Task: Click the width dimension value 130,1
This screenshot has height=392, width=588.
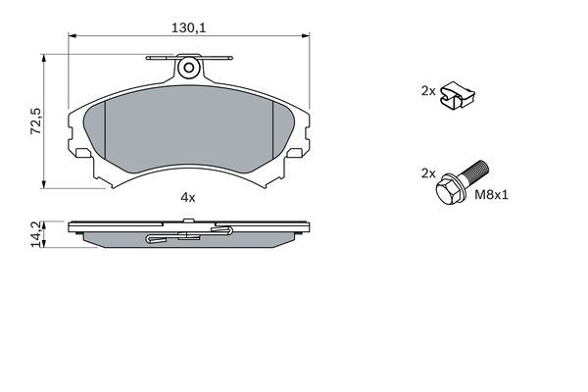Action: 188,27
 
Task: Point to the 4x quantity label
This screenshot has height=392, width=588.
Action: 188,197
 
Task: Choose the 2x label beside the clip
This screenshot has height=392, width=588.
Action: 427,90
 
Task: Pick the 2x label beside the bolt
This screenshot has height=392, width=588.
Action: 427,172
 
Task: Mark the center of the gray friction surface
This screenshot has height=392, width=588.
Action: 188,132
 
